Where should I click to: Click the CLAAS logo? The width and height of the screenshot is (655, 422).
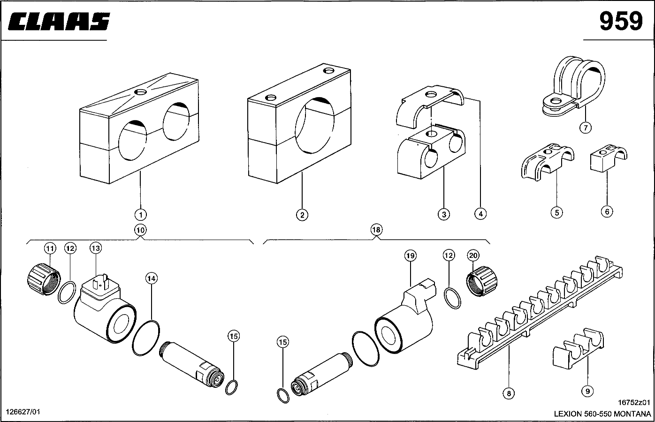[59, 21]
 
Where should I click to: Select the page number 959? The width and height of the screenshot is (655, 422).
[620, 21]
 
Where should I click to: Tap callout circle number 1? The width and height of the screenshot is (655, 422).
[140, 215]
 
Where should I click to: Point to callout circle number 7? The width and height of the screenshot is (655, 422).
[585, 127]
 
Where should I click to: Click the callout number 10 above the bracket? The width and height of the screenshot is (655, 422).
[140, 230]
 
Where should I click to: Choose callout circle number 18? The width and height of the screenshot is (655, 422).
[376, 230]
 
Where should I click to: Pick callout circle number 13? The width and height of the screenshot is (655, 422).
[96, 248]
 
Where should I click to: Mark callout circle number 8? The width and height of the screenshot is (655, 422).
[509, 393]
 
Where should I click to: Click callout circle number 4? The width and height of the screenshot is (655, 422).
[480, 214]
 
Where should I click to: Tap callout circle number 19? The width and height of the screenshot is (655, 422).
[411, 256]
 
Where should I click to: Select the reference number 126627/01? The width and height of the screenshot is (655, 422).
[23, 412]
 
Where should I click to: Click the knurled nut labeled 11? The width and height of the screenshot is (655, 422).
[42, 279]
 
